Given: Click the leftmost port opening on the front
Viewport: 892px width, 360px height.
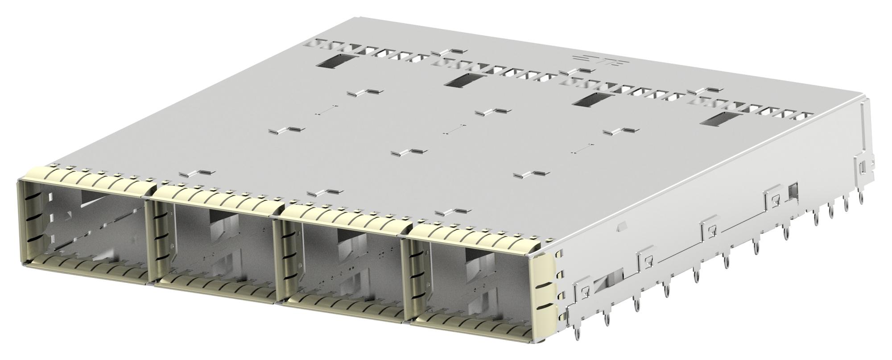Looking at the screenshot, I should click(x=85, y=228).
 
